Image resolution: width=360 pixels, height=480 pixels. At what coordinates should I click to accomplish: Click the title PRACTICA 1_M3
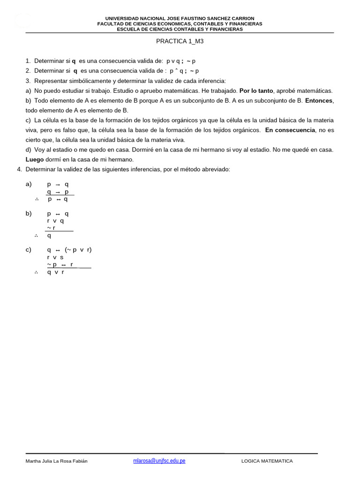[x=180, y=41]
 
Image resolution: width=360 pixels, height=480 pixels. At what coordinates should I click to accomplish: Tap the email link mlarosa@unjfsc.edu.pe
[x=159, y=461]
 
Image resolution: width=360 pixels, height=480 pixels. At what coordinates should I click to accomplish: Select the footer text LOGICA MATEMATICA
[x=267, y=461]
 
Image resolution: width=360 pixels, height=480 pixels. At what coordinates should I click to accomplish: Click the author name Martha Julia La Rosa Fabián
[x=56, y=461]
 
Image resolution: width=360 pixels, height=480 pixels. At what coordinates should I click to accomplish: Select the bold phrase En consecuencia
[x=290, y=130]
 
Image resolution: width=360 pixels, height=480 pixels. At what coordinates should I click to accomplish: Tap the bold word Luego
[x=34, y=159]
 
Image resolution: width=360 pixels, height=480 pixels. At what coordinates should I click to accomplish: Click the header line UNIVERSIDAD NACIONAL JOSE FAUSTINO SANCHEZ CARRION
[x=180, y=18]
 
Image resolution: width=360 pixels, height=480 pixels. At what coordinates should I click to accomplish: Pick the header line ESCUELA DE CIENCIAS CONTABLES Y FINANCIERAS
[x=180, y=29]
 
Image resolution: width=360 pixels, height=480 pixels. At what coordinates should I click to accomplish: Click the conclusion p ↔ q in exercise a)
[x=58, y=199]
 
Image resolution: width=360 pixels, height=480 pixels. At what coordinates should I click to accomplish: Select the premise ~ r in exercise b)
[x=51, y=228]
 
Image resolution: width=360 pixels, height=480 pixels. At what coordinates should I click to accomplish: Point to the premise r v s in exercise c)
[x=55, y=257]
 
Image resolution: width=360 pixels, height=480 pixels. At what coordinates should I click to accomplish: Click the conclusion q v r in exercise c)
[x=55, y=272]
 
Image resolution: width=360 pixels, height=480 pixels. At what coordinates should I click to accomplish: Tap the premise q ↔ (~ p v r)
[x=69, y=250]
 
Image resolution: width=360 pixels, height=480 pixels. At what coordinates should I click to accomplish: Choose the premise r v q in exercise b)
[x=55, y=221]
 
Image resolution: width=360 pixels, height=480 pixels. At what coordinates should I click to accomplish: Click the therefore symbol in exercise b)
[x=36, y=236]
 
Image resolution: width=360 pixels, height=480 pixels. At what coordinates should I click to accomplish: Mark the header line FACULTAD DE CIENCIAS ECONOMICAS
[x=180, y=23]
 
